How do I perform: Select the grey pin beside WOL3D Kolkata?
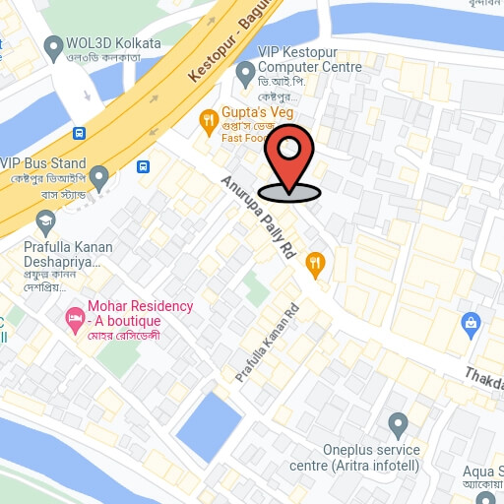53,46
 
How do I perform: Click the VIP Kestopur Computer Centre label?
309,59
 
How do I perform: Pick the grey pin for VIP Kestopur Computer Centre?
246,75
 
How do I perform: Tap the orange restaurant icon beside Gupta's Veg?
208,122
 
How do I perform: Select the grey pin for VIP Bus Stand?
98,177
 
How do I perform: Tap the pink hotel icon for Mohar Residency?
74,318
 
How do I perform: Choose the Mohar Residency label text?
140,313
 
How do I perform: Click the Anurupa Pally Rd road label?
259,218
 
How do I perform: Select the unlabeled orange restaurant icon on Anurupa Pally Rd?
315,262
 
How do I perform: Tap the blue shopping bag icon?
472,322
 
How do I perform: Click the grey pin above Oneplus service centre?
398,426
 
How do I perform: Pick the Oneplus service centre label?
355,457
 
